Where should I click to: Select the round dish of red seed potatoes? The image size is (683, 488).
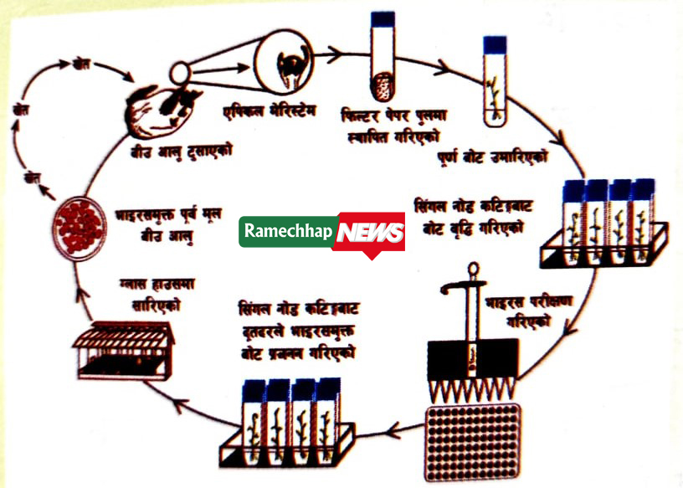[x=80, y=226]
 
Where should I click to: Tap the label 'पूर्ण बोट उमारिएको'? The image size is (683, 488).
[x=494, y=157]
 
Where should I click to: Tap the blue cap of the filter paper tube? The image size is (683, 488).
[x=383, y=17]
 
